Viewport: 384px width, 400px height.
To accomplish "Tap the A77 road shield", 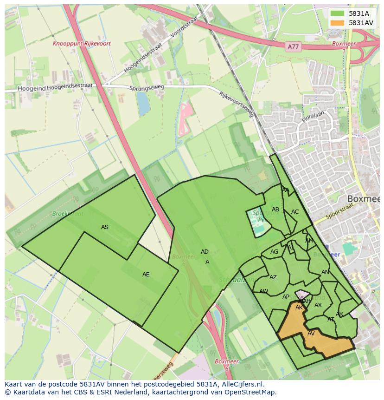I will point(293,46).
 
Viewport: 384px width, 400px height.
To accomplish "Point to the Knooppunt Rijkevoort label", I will point(82,44).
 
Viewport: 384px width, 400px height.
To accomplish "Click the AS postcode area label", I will point(105,227).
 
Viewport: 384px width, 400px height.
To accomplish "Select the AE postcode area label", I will point(146,275).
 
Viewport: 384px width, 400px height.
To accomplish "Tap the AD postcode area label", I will point(205,252).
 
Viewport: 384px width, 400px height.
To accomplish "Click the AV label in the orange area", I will point(311,334).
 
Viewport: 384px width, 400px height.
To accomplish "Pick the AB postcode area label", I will point(275,210).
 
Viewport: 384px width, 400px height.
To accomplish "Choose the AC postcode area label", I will point(295,212).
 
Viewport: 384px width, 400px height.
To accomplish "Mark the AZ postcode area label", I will point(273,277).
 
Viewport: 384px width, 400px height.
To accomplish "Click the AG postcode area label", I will point(274,252).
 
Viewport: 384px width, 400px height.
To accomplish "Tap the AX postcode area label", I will point(318,305).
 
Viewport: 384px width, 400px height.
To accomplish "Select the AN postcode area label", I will point(325,272).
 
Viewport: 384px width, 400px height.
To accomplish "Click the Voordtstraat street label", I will point(184,27).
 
